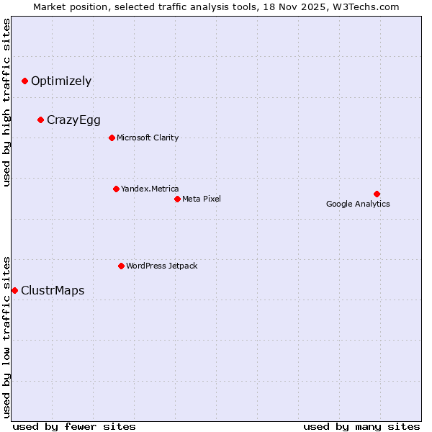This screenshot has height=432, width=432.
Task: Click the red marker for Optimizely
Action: pyautogui.click(x=24, y=81)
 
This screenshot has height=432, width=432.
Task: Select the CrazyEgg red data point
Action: pyautogui.click(x=40, y=120)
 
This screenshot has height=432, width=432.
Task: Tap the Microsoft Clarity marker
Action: pyautogui.click(x=112, y=138)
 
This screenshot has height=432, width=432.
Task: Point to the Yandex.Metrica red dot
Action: pyautogui.click(x=116, y=189)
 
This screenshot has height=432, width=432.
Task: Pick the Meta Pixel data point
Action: pyautogui.click(x=177, y=199)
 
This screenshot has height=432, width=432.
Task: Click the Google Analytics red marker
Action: pyautogui.click(x=377, y=194)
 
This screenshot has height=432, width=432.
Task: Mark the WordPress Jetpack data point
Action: pyautogui.click(x=121, y=266)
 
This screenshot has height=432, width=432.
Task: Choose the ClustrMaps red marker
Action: pyautogui.click(x=14, y=291)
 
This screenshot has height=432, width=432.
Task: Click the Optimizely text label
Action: pyautogui.click(x=61, y=81)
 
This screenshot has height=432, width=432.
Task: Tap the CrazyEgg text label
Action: pyautogui.click(x=73, y=120)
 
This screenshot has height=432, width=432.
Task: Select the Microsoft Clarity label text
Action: pyautogui.click(x=148, y=138)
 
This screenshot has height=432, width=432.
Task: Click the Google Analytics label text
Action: pyautogui.click(x=358, y=204)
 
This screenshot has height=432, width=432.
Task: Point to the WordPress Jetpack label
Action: pyautogui.click(x=161, y=266)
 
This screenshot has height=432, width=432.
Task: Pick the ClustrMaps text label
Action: pyautogui.click(x=53, y=291)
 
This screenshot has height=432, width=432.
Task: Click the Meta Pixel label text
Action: pyautogui.click(x=202, y=199)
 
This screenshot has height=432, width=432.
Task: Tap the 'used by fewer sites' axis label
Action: pyautogui.click(x=74, y=426)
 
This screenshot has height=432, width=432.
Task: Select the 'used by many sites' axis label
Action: pyautogui.click(x=361, y=426)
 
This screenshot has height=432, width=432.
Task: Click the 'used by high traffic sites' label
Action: pyautogui.click(x=6, y=102)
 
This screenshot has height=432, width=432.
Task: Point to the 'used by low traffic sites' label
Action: pyautogui.click(x=6, y=336)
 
